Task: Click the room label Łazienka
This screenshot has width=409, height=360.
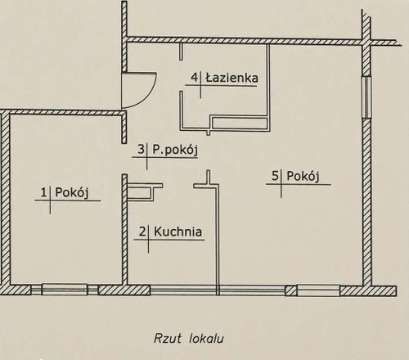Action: tap(231, 79)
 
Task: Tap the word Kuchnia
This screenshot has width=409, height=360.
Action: tap(178, 232)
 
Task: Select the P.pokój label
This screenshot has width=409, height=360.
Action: tap(175, 151)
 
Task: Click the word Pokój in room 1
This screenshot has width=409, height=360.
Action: tap(72, 193)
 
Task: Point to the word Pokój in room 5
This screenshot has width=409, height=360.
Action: tap(303, 176)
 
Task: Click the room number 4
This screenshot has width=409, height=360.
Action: tap(194, 78)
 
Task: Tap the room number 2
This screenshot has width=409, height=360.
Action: tap(142, 232)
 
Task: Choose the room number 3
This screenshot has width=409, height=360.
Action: tap(141, 150)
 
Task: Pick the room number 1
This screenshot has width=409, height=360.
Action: tap(44, 192)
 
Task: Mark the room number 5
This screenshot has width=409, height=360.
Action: tap(276, 176)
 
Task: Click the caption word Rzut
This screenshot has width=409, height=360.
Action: tap(168, 339)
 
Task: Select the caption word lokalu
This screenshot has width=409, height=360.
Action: tap(206, 339)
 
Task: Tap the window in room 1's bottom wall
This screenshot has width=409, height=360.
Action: tap(65, 290)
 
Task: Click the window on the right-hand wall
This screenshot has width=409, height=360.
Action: tap(367, 97)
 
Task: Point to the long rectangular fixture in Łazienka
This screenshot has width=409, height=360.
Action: tap(240, 123)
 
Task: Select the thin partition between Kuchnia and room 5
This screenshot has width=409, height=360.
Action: tap(218, 240)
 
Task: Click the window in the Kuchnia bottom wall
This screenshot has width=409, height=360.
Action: tap(183, 290)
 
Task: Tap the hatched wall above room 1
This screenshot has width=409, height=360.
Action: tap(64, 112)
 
